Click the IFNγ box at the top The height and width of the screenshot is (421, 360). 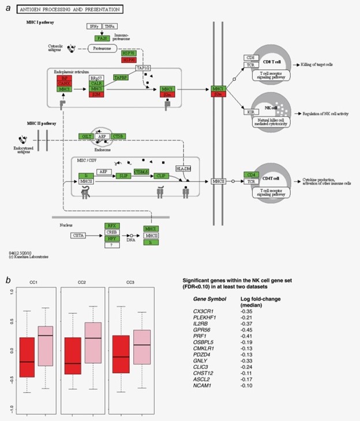click(93, 27)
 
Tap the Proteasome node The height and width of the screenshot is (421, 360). click(106, 50)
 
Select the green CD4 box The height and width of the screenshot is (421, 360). click(250, 174)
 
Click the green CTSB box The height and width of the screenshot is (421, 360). click(119, 136)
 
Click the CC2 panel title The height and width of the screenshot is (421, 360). click(81, 281)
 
